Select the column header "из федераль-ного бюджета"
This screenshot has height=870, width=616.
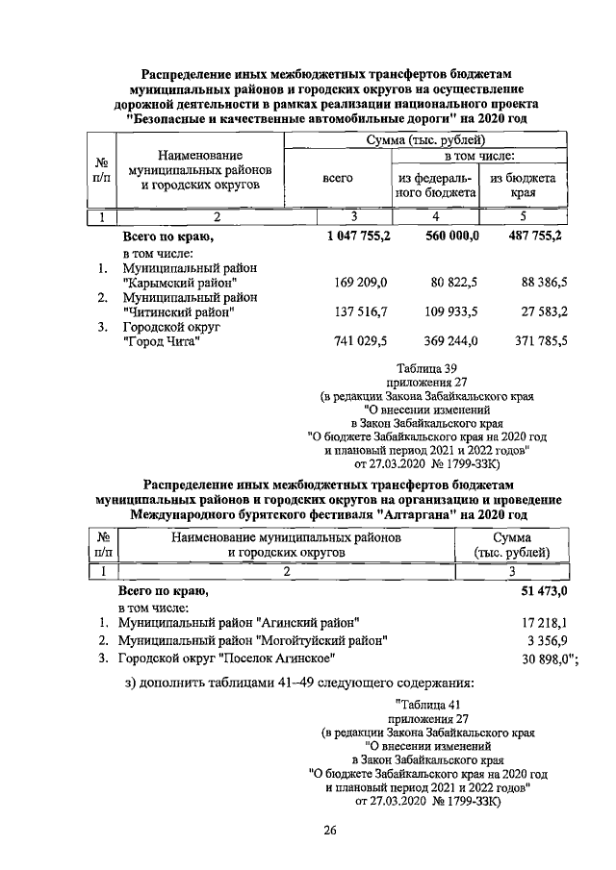[x=438, y=185]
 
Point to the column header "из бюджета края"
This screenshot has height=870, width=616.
[x=524, y=185]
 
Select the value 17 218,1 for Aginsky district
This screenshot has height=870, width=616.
[x=545, y=623]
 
